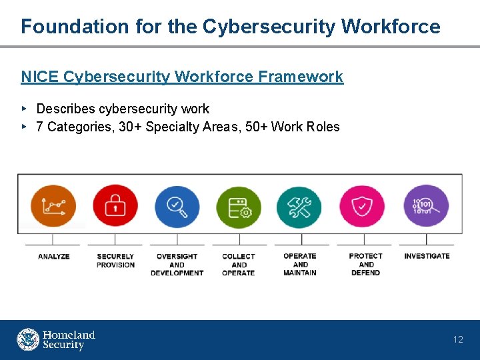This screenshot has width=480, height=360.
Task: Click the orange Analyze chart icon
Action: [53, 206]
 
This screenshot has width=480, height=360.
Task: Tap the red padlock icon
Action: [115, 206]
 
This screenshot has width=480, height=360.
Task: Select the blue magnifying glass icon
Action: [177, 206]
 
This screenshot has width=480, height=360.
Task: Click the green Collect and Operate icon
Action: [239, 207]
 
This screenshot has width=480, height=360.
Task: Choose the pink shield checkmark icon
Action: [361, 207]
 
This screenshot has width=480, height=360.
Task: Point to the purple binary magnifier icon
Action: [426, 206]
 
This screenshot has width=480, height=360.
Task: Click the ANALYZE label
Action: [53, 257]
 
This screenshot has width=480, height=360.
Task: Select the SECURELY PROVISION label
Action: [115, 261]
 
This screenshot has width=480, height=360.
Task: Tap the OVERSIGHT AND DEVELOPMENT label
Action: [177, 265]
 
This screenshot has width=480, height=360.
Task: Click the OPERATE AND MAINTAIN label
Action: [300, 265]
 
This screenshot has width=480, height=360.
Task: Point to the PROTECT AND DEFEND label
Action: [365, 265]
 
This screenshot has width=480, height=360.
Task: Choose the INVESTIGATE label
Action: [427, 256]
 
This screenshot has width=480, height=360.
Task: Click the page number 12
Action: [458, 340]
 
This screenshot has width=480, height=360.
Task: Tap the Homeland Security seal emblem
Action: [28, 339]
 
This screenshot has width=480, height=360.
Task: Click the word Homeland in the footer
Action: [69, 335]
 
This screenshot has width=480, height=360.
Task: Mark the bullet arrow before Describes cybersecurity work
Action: [24, 108]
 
